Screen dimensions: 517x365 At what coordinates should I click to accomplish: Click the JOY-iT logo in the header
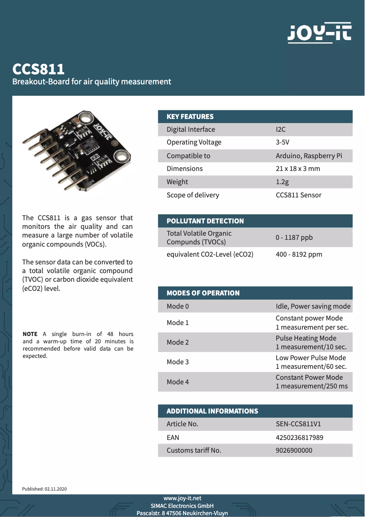point(319,33)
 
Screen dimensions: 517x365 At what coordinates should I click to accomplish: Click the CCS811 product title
point(38,69)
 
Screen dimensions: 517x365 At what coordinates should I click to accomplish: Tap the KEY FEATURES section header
point(190,117)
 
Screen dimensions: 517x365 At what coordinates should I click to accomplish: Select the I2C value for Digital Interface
point(281,129)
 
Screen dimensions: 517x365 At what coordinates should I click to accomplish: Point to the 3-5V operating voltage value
point(283,142)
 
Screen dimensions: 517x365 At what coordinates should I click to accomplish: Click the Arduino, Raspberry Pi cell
point(309,156)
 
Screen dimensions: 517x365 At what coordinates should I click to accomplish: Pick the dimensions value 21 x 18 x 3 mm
point(298,169)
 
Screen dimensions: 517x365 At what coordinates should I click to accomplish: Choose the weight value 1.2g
point(282,182)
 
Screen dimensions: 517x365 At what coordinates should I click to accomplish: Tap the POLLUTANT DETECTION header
point(205,221)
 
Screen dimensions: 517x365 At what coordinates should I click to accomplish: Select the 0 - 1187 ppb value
point(294,238)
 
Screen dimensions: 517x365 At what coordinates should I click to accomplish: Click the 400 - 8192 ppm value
point(299,254)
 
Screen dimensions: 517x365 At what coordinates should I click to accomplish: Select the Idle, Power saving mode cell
point(313,306)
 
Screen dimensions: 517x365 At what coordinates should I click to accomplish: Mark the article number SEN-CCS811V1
point(299,424)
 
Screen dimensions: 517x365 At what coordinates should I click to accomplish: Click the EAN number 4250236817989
point(299,438)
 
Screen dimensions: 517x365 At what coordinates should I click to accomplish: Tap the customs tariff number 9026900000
point(294,450)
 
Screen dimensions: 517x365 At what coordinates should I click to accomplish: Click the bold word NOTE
point(30,334)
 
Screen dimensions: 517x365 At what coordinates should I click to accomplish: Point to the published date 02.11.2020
point(56,489)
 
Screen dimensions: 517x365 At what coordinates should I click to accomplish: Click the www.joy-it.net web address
point(182,498)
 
